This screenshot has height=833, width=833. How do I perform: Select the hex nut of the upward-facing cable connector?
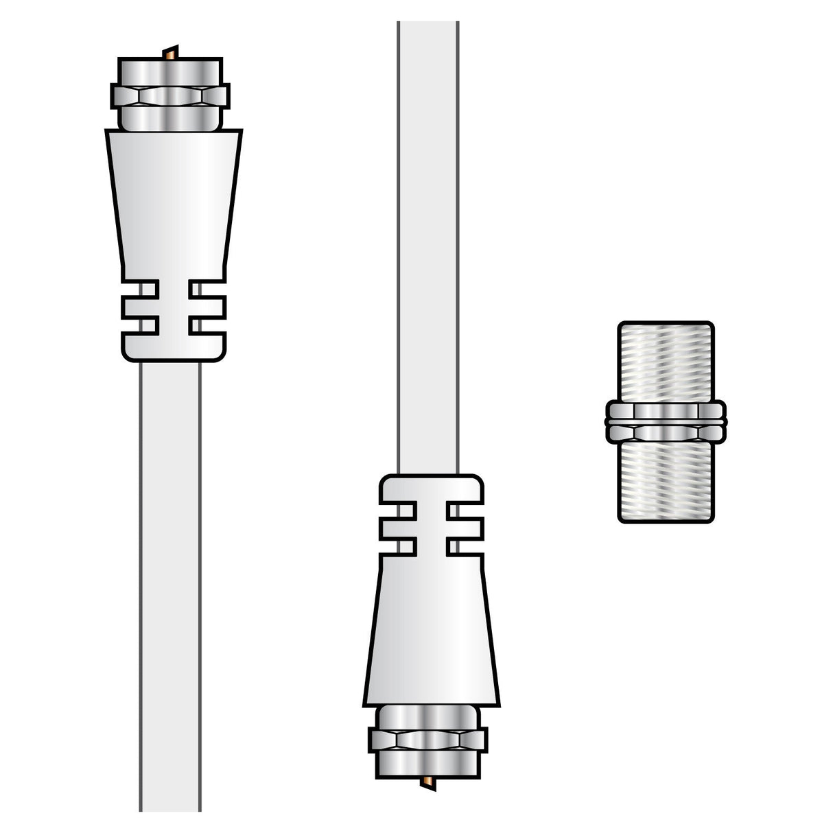pos(170,96)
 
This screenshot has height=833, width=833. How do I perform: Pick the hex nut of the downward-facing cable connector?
pos(427,740)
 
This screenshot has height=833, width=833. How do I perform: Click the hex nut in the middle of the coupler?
pos(665,422)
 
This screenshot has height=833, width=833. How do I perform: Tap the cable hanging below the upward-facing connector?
pos(170,583)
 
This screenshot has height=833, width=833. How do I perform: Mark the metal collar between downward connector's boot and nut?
pos(427,716)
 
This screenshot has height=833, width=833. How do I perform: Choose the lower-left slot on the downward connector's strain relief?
pos(398,546)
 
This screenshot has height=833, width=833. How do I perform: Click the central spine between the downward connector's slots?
pos(432,528)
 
